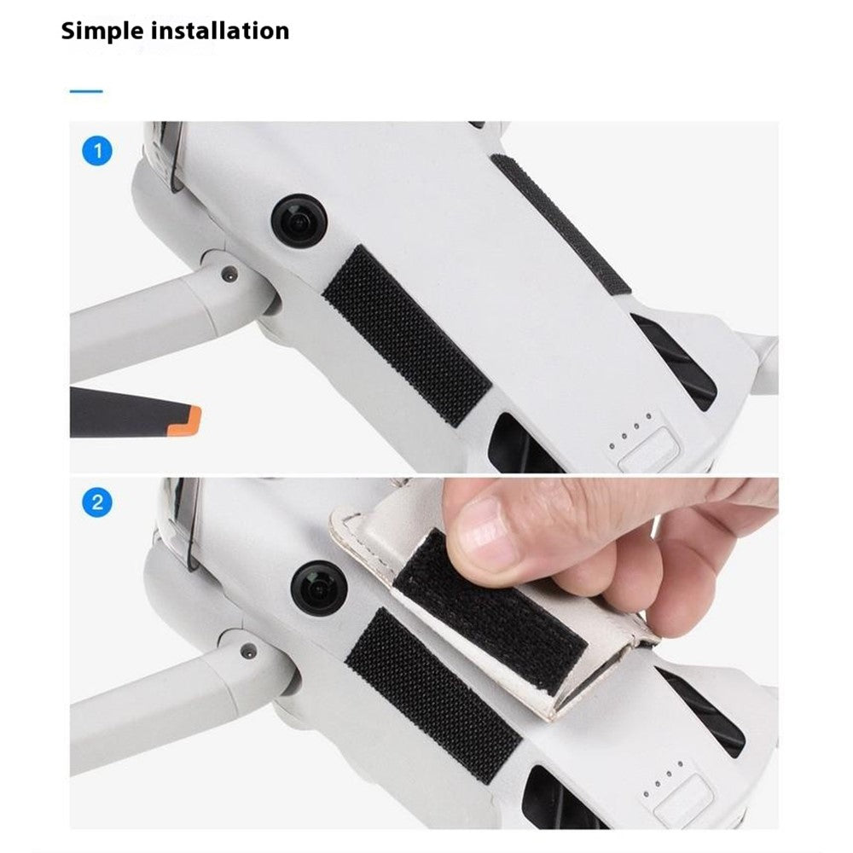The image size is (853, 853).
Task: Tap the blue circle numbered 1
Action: pos(97,151)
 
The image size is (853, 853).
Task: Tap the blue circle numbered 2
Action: pos(97,502)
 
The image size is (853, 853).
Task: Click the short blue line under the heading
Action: pos(86,91)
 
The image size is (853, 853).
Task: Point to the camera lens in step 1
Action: pos(299,220)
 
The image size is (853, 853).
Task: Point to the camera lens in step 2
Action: pos(318,588)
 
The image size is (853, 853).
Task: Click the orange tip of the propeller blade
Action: pos(185,421)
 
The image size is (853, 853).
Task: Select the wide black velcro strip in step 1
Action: pos(407,335)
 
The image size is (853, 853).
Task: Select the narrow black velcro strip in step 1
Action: pos(560,223)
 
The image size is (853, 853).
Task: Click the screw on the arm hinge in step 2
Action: pos(248,649)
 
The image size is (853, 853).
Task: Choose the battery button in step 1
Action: pos(647,450)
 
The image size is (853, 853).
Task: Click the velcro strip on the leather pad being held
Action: pos(490,611)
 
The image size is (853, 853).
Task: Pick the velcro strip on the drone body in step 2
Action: pos(433,695)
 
